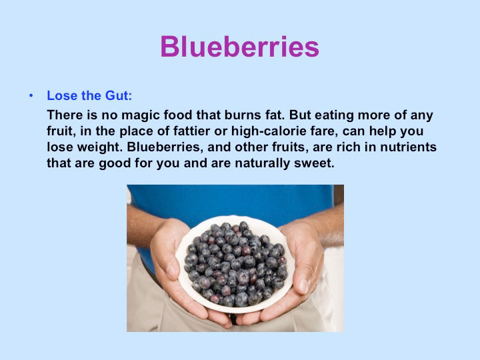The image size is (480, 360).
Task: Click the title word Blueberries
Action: pyautogui.click(x=240, y=47)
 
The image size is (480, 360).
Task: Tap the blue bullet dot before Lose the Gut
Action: pyautogui.click(x=31, y=96)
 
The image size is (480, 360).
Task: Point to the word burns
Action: pyautogui.click(x=241, y=115)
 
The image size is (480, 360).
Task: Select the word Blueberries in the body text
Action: pyautogui.click(x=165, y=147)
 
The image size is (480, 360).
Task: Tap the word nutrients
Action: pyautogui.click(x=408, y=147)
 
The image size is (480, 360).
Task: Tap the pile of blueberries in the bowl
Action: pyautogui.click(x=235, y=264)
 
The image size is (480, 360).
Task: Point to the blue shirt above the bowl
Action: pyautogui.click(x=233, y=202)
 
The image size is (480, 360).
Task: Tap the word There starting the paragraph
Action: pyautogui.click(x=65, y=115)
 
